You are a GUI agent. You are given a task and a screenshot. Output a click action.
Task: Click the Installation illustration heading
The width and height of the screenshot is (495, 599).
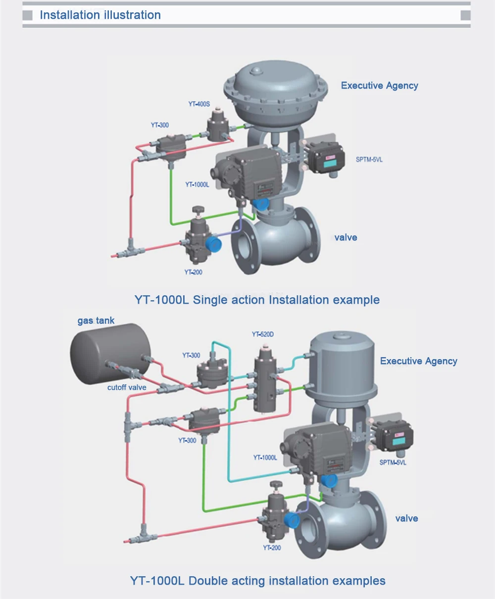coord(100,15)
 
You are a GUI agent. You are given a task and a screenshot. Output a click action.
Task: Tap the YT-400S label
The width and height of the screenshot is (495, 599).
coord(199,104)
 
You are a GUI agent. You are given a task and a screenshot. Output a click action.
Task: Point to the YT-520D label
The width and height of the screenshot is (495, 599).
coord(263,334)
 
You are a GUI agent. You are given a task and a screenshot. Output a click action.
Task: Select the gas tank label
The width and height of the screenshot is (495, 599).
coord(96,321)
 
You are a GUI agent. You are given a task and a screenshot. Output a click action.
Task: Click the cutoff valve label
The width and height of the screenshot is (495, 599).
coord(127,387)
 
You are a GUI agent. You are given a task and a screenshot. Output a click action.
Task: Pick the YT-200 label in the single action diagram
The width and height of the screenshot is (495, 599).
coord(193,272)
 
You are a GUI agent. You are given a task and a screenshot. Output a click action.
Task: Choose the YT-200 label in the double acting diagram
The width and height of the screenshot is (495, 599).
coord(272,548)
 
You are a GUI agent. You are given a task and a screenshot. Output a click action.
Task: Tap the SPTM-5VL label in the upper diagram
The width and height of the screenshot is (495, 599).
coord(369,160)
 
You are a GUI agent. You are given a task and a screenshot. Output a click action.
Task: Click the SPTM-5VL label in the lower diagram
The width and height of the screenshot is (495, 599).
coord(393,462)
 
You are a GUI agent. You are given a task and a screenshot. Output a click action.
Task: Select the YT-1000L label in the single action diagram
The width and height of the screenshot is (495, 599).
coord(197,184)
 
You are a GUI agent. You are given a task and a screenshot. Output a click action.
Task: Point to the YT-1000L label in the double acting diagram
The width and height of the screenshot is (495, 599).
coord(265,458)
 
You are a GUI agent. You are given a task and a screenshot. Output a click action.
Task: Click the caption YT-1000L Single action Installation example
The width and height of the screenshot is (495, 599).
coord(257,300)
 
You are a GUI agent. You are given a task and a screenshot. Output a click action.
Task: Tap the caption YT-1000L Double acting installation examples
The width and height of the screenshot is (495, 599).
coord(257,581)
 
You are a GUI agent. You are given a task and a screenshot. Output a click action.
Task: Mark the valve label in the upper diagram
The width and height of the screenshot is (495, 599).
coord(346,237)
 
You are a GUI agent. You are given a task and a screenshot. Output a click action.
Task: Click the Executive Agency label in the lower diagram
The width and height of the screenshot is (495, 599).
coord(418,361)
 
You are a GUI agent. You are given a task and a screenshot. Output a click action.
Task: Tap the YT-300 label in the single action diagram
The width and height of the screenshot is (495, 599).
coord(160,125)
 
